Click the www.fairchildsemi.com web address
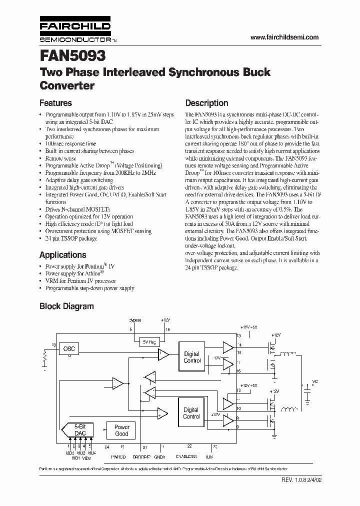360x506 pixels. [x=283, y=37]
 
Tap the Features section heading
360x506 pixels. [x=55, y=103]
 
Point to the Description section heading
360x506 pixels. [x=206, y=103]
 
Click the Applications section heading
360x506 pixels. [x=62, y=254]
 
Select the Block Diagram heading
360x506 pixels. [x=66, y=306]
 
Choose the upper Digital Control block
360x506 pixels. [x=191, y=357]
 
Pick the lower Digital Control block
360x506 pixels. [x=191, y=413]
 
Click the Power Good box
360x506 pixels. [x=122, y=430]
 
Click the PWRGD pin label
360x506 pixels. [x=118, y=457]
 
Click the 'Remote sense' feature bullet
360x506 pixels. [x=60, y=158]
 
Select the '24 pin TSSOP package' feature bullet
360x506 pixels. [x=71, y=238]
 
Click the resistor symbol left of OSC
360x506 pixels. [x=44, y=357]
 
